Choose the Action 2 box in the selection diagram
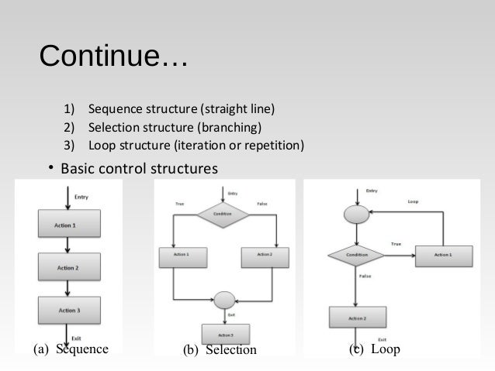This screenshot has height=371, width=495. point(266,255)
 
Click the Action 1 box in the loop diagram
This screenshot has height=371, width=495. point(442,254)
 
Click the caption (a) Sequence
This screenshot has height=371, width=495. point(70,349)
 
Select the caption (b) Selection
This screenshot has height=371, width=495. point(220,350)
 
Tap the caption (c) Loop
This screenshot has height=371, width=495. point(375,349)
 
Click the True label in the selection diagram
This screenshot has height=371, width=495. point(179,204)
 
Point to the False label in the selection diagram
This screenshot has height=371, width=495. point(261,204)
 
